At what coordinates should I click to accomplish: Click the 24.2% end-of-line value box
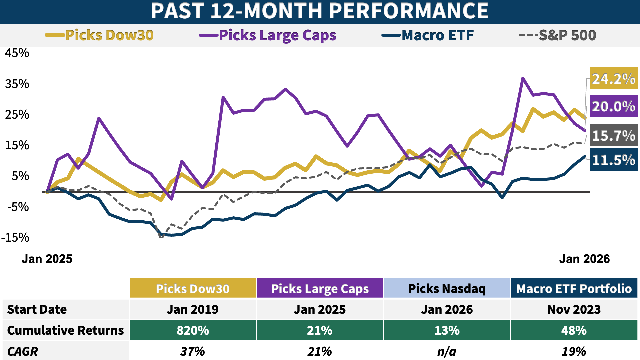pyautogui.click(x=613, y=79)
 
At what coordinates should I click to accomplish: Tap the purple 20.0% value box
pyautogui.click(x=613, y=106)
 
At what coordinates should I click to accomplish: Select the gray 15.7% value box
pyautogui.click(x=613, y=135)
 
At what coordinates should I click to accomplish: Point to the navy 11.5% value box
pyautogui.click(x=613, y=160)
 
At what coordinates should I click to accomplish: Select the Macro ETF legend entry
pyautogui.click(x=428, y=35)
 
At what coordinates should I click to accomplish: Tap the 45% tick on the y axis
pyautogui.click(x=17, y=53)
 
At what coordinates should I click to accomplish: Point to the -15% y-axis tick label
pyautogui.click(x=15, y=238)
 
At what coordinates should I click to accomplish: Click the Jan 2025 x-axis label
pyautogui.click(x=47, y=259)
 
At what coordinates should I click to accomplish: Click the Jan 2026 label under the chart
pyautogui.click(x=584, y=259)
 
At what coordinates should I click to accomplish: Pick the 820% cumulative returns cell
pyautogui.click(x=193, y=330)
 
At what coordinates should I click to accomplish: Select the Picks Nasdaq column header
pyautogui.click(x=447, y=288)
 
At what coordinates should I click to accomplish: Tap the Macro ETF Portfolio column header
pyautogui.click(x=574, y=288)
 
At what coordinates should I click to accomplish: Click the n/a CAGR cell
pyautogui.click(x=447, y=351)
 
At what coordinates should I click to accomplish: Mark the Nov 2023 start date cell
pyautogui.click(x=574, y=309)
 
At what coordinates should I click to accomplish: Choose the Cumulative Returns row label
pyautogui.click(x=66, y=330)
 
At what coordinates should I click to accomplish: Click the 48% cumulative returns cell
pyautogui.click(x=574, y=330)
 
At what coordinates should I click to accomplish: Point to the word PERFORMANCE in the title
pyautogui.click(x=408, y=11)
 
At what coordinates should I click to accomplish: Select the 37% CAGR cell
pyautogui.click(x=193, y=351)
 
